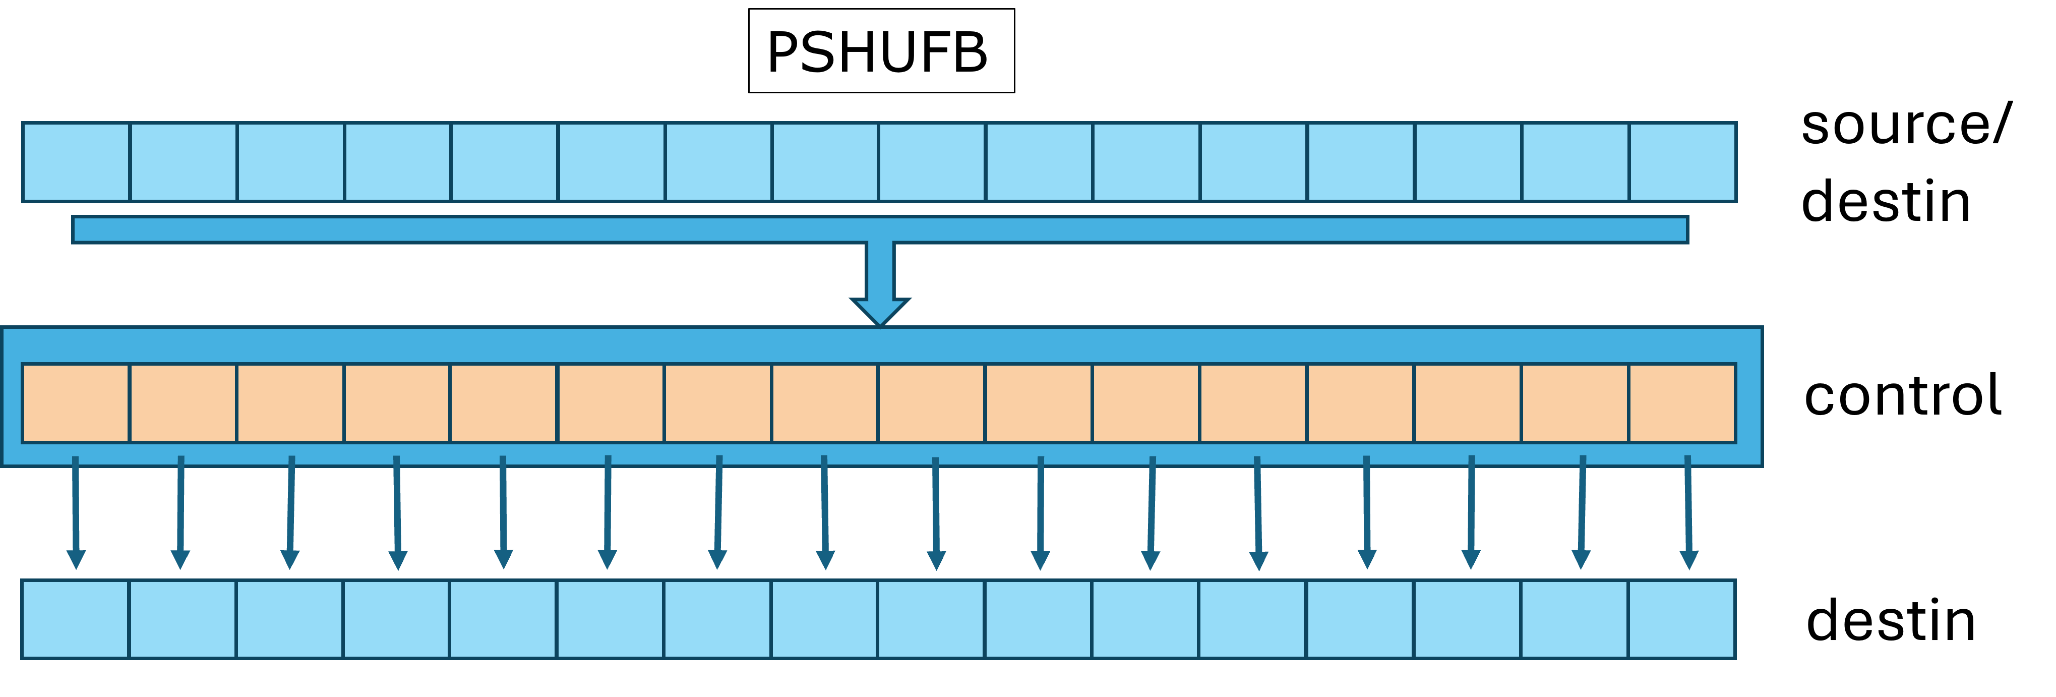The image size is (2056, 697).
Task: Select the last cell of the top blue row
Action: pyautogui.click(x=1682, y=162)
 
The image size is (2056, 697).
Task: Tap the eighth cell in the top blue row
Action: pyautogui.click(x=825, y=162)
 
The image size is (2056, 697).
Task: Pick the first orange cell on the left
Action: pyautogui.click(x=76, y=403)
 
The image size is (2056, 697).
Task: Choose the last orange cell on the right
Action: pyautogui.click(x=1682, y=403)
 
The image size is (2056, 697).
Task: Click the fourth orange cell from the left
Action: pyautogui.click(x=397, y=403)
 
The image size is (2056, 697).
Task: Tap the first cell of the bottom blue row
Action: pyautogui.click(x=75, y=619)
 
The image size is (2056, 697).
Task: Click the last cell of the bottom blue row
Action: pyautogui.click(x=1682, y=619)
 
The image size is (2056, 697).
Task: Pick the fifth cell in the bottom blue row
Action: pyautogui.click(x=504, y=619)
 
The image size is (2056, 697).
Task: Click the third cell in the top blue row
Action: pyautogui.click(x=290, y=162)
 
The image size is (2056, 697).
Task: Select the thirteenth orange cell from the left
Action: pyautogui.click(x=1361, y=403)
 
